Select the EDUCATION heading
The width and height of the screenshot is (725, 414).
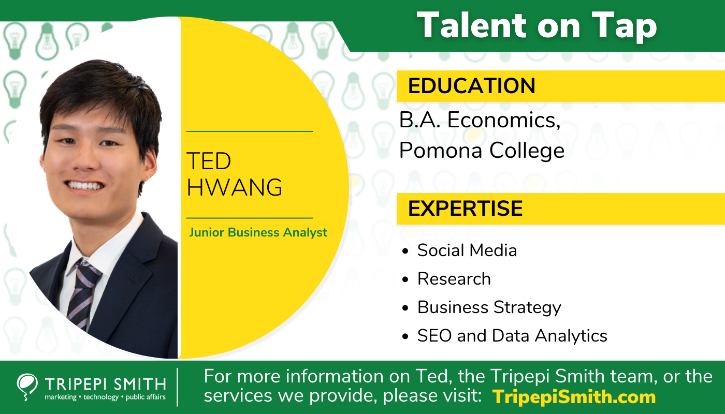tap(471, 86)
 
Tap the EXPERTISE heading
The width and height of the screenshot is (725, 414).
tap(465, 208)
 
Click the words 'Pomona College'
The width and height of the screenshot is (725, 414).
tap(482, 151)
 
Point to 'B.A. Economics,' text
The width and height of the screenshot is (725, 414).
tap(480, 120)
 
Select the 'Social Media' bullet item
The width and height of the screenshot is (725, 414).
tap(467, 250)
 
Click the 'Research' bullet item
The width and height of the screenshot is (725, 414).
tap(454, 279)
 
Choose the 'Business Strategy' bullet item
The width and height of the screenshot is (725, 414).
tap(489, 307)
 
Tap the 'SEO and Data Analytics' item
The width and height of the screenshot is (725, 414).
tap(512, 336)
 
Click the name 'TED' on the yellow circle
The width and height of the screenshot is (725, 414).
tap(209, 161)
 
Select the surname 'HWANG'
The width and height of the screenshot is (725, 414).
tap(235, 187)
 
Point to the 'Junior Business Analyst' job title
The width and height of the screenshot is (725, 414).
tap(258, 232)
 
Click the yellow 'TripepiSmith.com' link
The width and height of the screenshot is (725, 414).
tap(574, 397)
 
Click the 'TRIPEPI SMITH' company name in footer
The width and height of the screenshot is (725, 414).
tap(105, 384)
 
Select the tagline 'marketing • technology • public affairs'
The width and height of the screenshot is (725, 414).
tap(105, 397)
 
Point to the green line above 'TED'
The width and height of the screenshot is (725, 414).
tap(250, 131)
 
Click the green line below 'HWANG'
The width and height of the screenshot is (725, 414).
tap(250, 218)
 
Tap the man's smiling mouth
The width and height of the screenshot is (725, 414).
tap(84, 185)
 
